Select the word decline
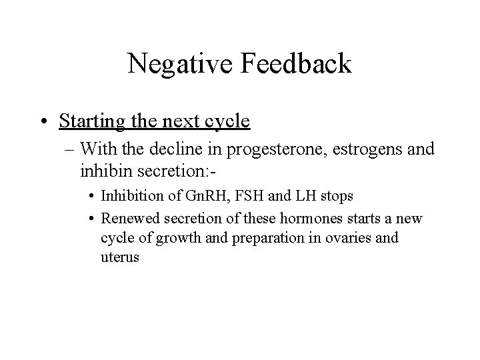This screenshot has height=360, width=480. (188, 149)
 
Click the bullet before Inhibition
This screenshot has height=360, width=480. (91, 198)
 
